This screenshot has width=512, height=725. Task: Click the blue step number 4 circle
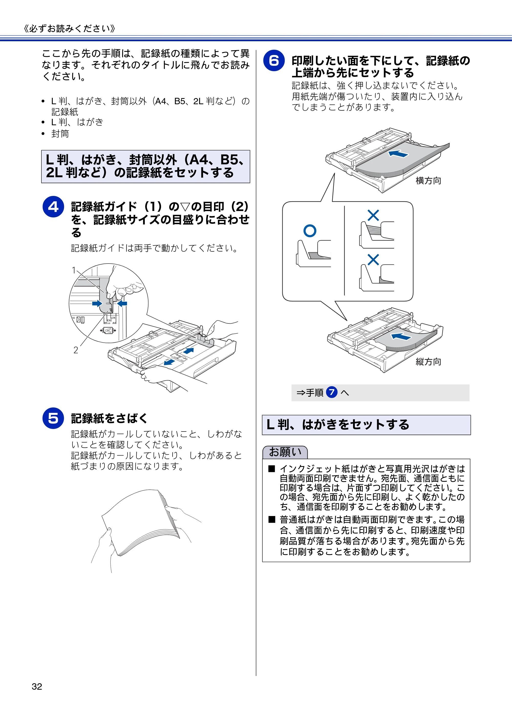click(x=53, y=207)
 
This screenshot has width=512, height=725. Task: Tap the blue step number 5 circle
click(x=53, y=418)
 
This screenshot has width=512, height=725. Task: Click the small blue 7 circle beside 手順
click(x=332, y=393)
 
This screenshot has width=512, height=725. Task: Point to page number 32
click(x=37, y=686)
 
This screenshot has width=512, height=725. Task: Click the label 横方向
click(x=428, y=181)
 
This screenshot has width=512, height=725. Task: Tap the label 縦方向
click(x=428, y=362)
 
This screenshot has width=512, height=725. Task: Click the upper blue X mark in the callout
click(x=373, y=215)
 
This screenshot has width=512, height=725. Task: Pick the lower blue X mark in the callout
click(x=373, y=260)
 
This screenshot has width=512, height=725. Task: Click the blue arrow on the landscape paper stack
click(x=398, y=154)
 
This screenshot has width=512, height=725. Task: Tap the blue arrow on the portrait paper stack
click(x=401, y=337)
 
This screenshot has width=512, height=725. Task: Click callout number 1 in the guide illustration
click(x=74, y=270)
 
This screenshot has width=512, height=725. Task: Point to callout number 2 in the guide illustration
click(x=76, y=350)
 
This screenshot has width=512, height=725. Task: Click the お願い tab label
click(x=285, y=452)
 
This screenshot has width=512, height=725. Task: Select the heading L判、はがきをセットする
click(x=338, y=424)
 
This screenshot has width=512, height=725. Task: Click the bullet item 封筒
click(x=60, y=134)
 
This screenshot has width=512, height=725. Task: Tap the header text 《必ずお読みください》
click(x=69, y=28)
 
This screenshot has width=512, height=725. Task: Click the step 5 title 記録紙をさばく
click(x=110, y=418)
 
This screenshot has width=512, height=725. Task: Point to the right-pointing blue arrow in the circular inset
click(x=97, y=303)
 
